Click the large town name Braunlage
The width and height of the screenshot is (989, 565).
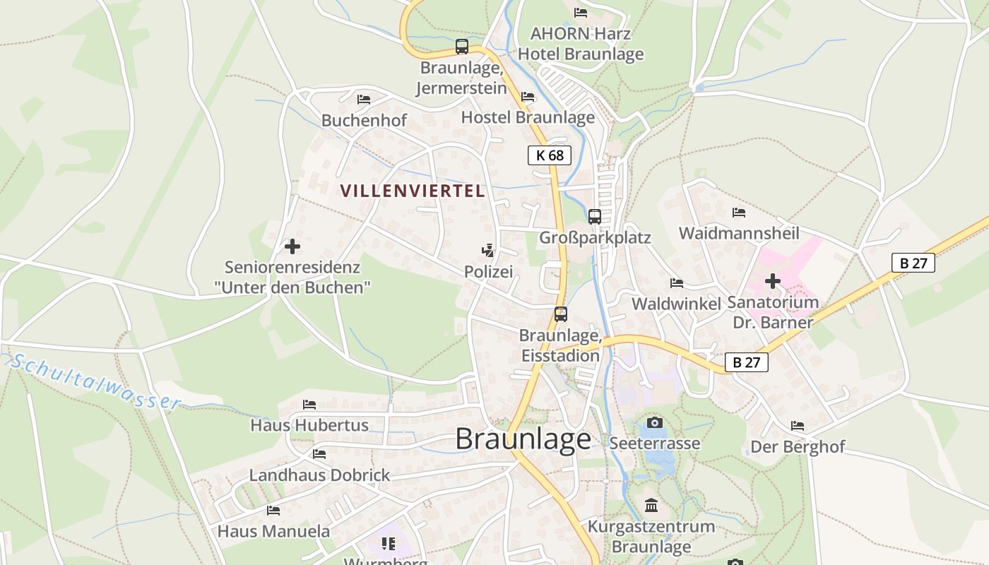coord(523,439)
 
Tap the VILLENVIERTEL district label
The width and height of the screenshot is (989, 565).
coord(413,191)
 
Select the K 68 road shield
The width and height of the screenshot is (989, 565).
coord(549,155)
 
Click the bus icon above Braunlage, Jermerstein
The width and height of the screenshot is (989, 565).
coord(462,47)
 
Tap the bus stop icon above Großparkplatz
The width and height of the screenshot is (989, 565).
coord(595,217)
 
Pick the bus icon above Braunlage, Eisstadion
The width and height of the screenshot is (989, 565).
coord(561,314)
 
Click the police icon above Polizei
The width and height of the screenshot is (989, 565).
coord(487,251)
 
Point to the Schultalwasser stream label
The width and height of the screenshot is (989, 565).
coord(96,382)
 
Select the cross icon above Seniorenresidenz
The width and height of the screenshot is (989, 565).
coord(292,246)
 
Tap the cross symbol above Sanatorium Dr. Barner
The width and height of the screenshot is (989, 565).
coord(773,281)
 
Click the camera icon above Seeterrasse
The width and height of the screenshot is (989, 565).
coord(655,422)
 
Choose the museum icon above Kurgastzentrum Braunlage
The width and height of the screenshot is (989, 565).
coord(651,506)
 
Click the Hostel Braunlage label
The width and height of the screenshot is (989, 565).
coord(528,117)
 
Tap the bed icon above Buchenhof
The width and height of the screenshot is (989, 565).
coord(364,100)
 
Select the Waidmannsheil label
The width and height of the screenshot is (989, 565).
coord(739,233)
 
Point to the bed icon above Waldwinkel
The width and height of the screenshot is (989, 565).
coord(677,283)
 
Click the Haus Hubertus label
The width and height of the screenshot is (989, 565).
coord(309,425)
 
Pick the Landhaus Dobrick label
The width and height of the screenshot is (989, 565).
coord(319,475)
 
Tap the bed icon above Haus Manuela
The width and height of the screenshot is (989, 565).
coord(273,510)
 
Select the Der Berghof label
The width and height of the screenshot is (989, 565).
coord(798,447)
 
